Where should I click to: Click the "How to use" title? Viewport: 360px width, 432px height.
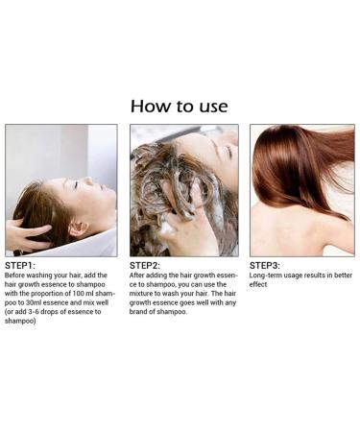180,107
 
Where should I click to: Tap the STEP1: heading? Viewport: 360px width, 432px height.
20,266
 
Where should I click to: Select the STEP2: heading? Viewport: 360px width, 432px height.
145,266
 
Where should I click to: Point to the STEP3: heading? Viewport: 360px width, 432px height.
265,266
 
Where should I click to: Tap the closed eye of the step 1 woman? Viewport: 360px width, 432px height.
76,185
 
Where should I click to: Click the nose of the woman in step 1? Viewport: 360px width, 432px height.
89,180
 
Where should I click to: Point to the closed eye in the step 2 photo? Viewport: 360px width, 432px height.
228,152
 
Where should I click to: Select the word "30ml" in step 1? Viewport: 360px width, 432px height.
34,302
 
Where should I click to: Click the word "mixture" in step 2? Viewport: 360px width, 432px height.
141,294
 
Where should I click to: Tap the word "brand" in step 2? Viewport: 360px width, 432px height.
138,312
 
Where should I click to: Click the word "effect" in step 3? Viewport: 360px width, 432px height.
258,284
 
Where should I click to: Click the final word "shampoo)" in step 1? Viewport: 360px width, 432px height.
20,321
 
